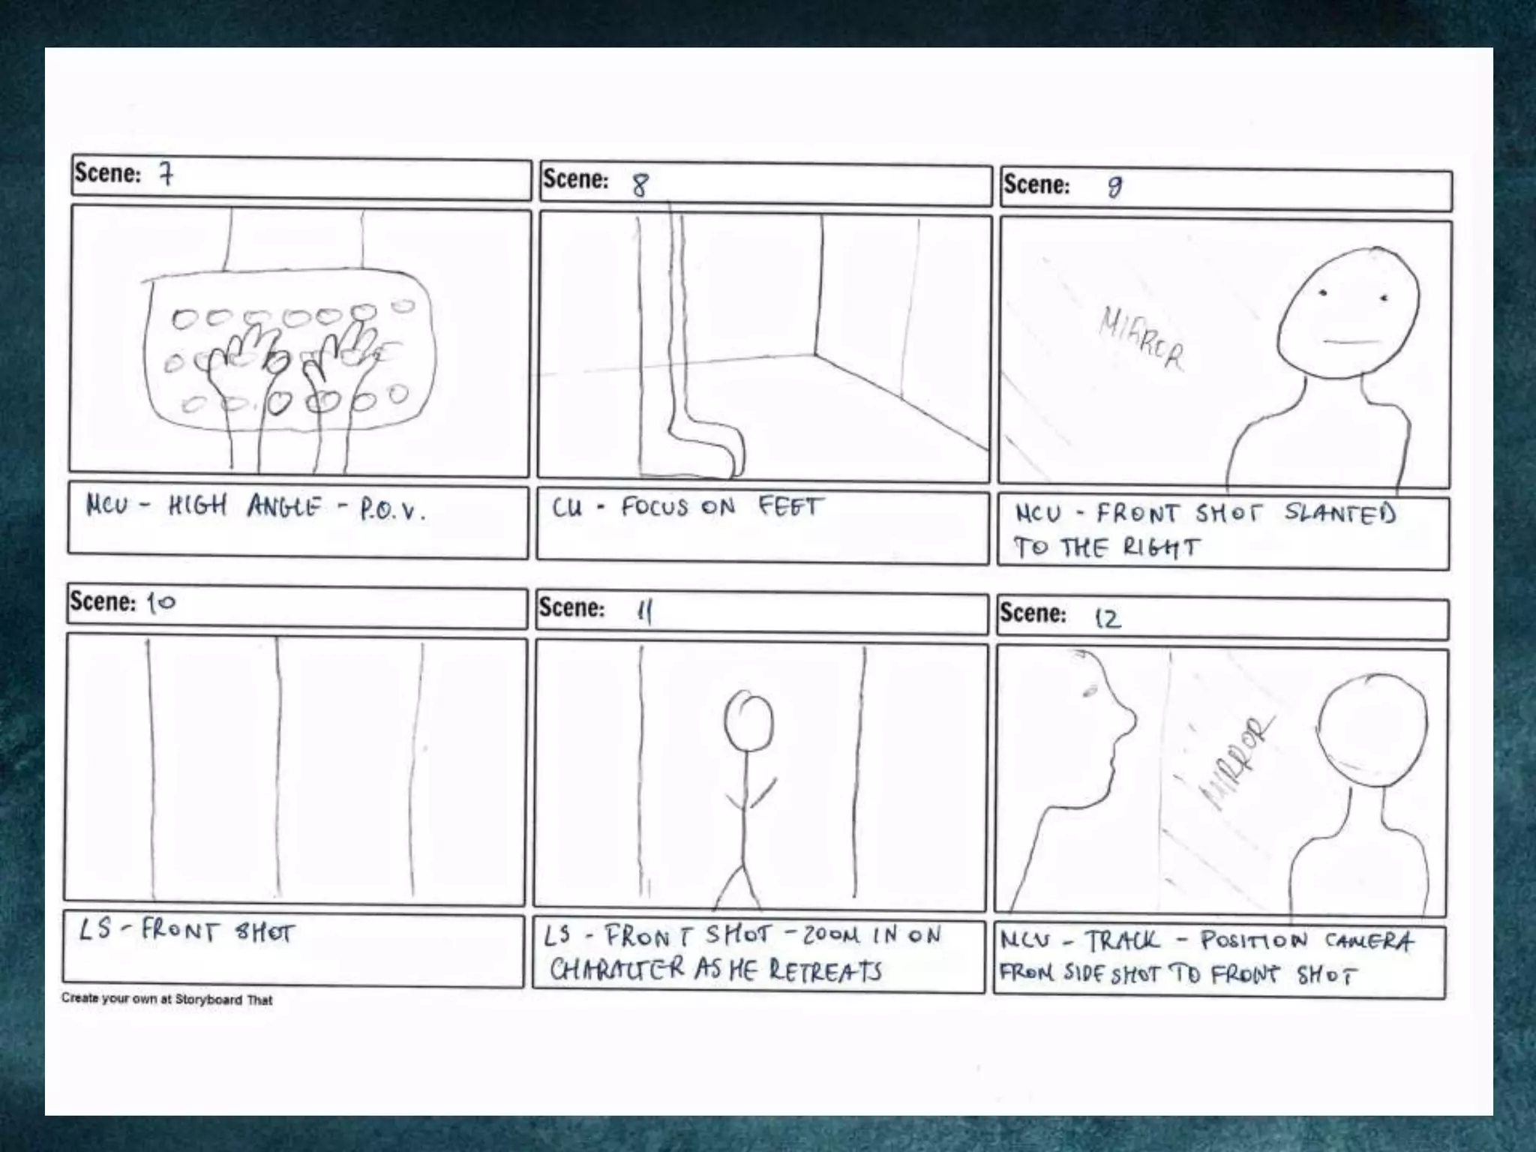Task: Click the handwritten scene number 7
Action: (166, 174)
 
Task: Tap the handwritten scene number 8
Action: (639, 184)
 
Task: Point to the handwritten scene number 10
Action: (160, 602)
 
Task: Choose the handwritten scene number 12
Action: (1107, 618)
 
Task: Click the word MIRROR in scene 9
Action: (1141, 339)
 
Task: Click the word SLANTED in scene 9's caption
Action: (1339, 513)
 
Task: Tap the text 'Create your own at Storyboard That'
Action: (166, 999)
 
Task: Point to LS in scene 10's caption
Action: (95, 930)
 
